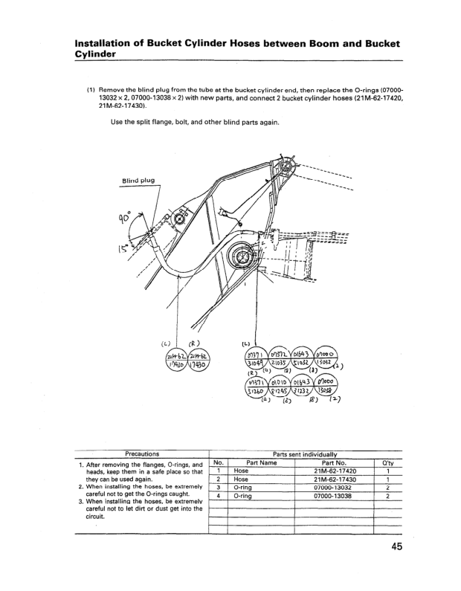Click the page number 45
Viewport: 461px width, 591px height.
[394, 548]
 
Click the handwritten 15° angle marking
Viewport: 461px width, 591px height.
[119, 248]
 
